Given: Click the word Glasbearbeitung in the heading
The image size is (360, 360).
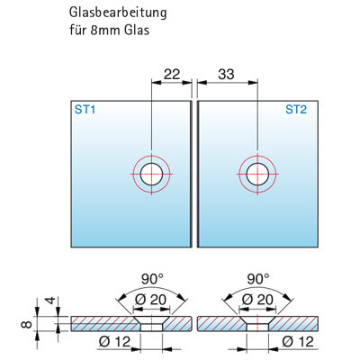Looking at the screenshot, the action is [x=118, y=13].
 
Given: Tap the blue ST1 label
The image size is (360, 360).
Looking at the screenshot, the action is [x=85, y=110].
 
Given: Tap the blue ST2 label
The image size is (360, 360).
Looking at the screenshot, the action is [x=296, y=110].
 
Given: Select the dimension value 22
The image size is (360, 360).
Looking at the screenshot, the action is [x=172, y=74].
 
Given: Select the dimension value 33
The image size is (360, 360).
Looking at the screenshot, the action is [x=226, y=74].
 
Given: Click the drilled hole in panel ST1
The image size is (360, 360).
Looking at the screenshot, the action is [x=152, y=174].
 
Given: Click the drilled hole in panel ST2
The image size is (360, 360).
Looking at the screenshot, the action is [x=257, y=174].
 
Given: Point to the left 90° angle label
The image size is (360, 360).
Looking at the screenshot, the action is [x=152, y=279].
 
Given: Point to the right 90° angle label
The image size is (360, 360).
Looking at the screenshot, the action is [x=258, y=279].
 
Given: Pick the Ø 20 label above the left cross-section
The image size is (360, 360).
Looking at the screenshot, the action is [x=150, y=300].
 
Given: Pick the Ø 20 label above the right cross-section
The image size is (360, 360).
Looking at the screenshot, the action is [x=257, y=300].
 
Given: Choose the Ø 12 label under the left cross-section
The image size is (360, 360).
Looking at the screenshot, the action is [x=115, y=342].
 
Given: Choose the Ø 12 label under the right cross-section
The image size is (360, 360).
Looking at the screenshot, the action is [x=298, y=342].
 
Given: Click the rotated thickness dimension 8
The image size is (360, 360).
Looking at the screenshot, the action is [x=27, y=324].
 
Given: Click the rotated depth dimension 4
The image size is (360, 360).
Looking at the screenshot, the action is [x=51, y=300].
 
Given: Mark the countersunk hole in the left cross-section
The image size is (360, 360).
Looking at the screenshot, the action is [x=152, y=324].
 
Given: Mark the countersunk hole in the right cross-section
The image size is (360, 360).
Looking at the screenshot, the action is [x=257, y=324].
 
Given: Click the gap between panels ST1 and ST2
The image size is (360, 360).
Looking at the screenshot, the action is [x=194, y=174].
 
